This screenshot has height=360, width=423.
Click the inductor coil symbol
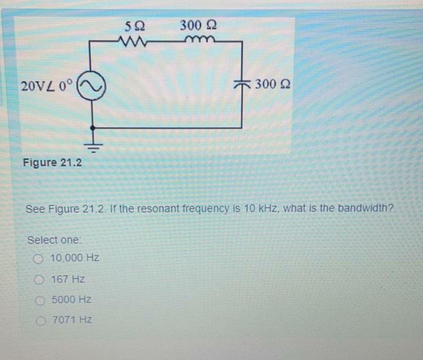(x=200, y=40)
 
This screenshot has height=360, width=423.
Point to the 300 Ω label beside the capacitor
(x=272, y=85)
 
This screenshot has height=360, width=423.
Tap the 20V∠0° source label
(x=47, y=86)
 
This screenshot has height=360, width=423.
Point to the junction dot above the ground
(x=92, y=128)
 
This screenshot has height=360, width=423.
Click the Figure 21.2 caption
(x=52, y=162)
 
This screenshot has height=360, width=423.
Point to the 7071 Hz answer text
(x=71, y=320)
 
